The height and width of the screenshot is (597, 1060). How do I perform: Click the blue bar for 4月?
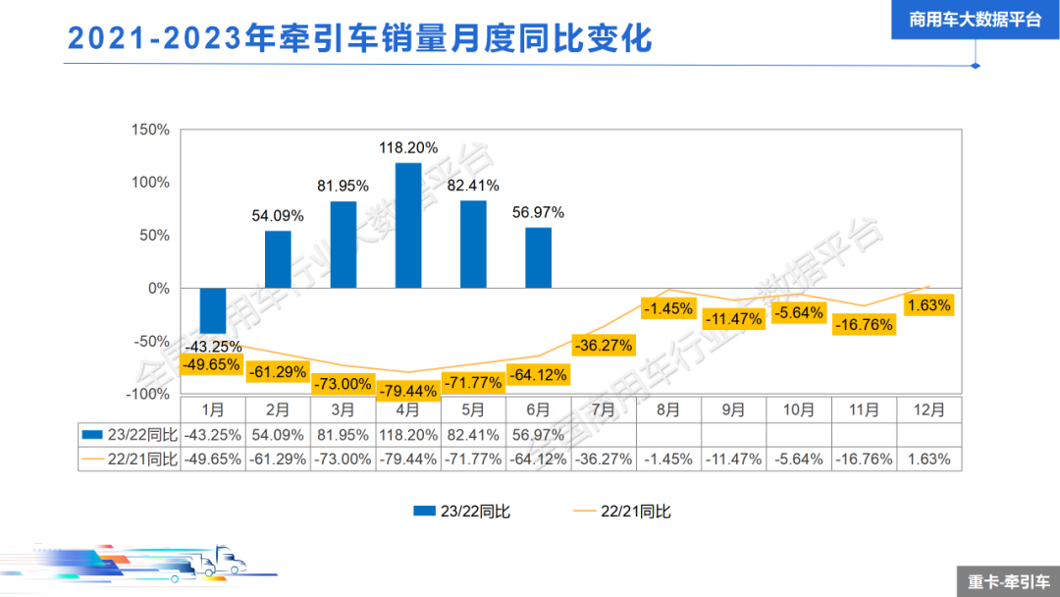coord(408,226)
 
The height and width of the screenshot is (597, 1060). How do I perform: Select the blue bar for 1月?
coord(213,310)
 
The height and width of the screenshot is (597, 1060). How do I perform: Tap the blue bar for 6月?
coord(538,258)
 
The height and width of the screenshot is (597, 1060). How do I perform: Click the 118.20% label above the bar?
coord(408,148)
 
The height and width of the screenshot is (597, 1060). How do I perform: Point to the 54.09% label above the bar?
coord(278,215)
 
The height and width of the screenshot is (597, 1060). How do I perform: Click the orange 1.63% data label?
coord(928,305)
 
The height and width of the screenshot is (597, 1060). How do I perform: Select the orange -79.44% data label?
coord(408,392)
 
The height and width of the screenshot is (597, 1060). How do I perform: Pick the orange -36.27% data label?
coord(604,346)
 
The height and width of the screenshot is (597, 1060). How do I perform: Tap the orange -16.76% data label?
coord(864,324)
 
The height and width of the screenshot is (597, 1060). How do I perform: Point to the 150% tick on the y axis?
coord(153,130)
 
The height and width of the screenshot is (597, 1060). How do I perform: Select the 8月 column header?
coord(668,409)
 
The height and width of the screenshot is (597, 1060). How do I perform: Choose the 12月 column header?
coord(928,409)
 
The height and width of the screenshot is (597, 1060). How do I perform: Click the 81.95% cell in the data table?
coord(343,434)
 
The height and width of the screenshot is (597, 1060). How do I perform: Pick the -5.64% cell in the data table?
coord(799,459)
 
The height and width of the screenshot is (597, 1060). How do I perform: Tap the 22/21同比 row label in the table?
coord(130,459)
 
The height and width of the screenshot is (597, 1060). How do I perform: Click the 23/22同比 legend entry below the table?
coord(461,511)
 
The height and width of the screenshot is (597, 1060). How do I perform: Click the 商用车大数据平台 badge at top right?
coord(975,20)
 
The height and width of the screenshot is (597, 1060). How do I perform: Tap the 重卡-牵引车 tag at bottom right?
coord(1008,581)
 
